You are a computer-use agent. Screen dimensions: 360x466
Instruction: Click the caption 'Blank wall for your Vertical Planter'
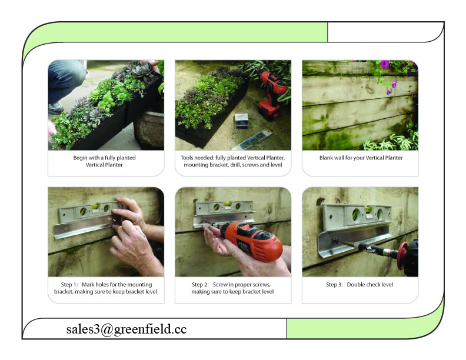(360, 158)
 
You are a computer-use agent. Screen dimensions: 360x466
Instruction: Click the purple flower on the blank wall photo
(385, 64)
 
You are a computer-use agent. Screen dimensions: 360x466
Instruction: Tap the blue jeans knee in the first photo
(66, 74)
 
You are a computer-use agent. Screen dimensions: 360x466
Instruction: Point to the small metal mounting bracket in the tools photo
(241, 120)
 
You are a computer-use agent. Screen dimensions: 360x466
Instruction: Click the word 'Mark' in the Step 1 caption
(93, 285)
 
